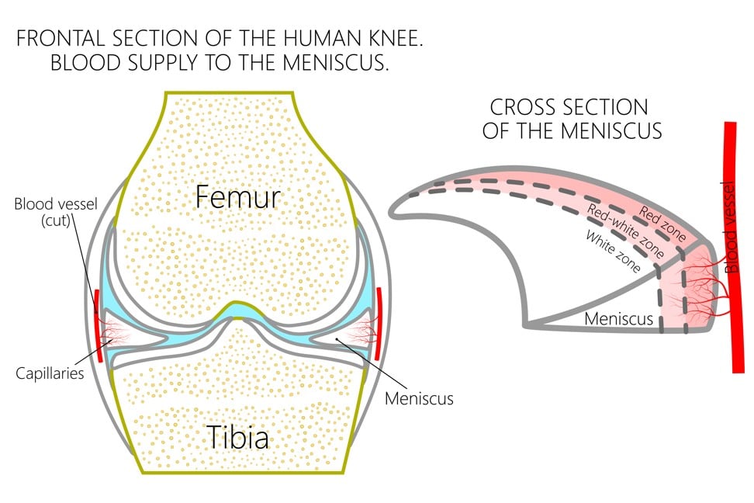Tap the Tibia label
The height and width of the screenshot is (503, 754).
pyautogui.click(x=237, y=438)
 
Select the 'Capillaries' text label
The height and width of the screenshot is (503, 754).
pyautogui.click(x=50, y=373)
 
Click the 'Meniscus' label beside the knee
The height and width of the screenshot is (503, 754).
pyautogui.click(x=419, y=399)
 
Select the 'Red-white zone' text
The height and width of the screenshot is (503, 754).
pyautogui.click(x=629, y=231)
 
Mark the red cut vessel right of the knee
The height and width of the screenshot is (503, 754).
pyautogui.click(x=379, y=323)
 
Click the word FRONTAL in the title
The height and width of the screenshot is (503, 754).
pyautogui.click(x=60, y=37)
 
